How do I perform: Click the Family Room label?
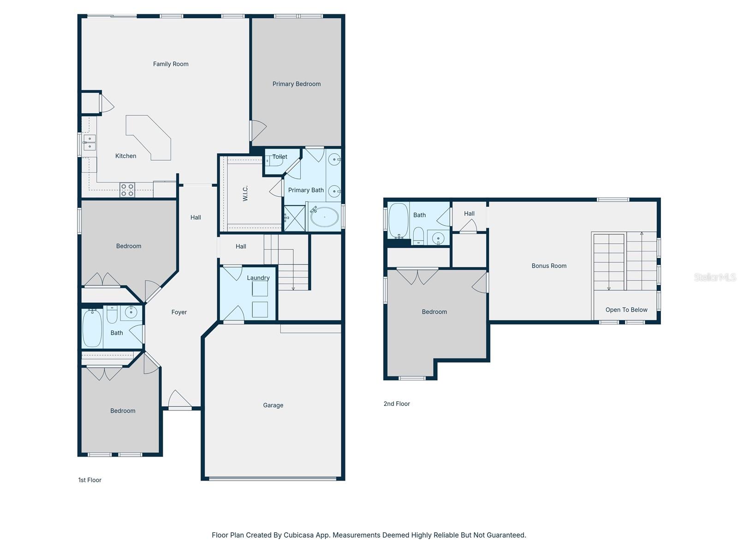tap(171, 64)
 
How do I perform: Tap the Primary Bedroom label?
tap(296, 84)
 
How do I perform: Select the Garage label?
tap(273, 405)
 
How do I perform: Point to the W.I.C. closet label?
tap(245, 193)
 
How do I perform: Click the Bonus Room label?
tap(549, 266)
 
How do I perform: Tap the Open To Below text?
tap(626, 310)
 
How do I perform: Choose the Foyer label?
tap(179, 312)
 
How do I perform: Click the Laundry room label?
tap(258, 278)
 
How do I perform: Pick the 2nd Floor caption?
tap(396, 403)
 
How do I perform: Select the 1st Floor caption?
tap(89, 480)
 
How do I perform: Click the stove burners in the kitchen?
tap(127, 190)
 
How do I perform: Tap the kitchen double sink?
tap(89, 143)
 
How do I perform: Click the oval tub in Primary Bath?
tap(324, 217)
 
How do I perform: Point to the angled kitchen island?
tap(148, 138)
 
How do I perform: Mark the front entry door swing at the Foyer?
tap(179, 399)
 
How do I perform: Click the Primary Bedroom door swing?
tap(258, 131)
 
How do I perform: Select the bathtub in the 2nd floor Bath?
tap(399, 221)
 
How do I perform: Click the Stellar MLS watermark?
tap(715, 277)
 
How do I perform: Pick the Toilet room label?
tap(280, 157)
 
